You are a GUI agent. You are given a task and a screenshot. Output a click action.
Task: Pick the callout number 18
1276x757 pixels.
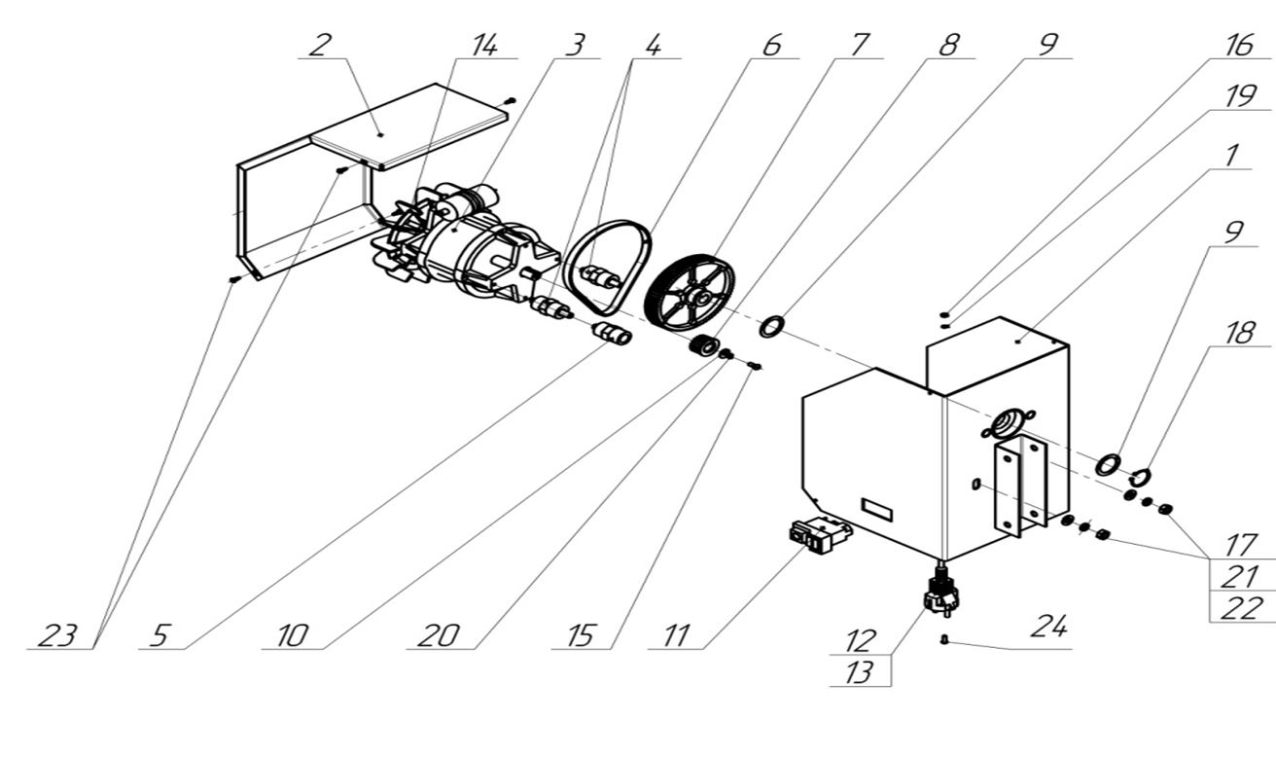1237,333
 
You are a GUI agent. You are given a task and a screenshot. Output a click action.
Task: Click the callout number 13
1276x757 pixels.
859,672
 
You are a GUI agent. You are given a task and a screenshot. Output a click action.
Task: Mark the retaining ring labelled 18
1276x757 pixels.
1140,477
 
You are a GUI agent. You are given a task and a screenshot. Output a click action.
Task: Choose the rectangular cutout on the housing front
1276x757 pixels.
876,508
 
